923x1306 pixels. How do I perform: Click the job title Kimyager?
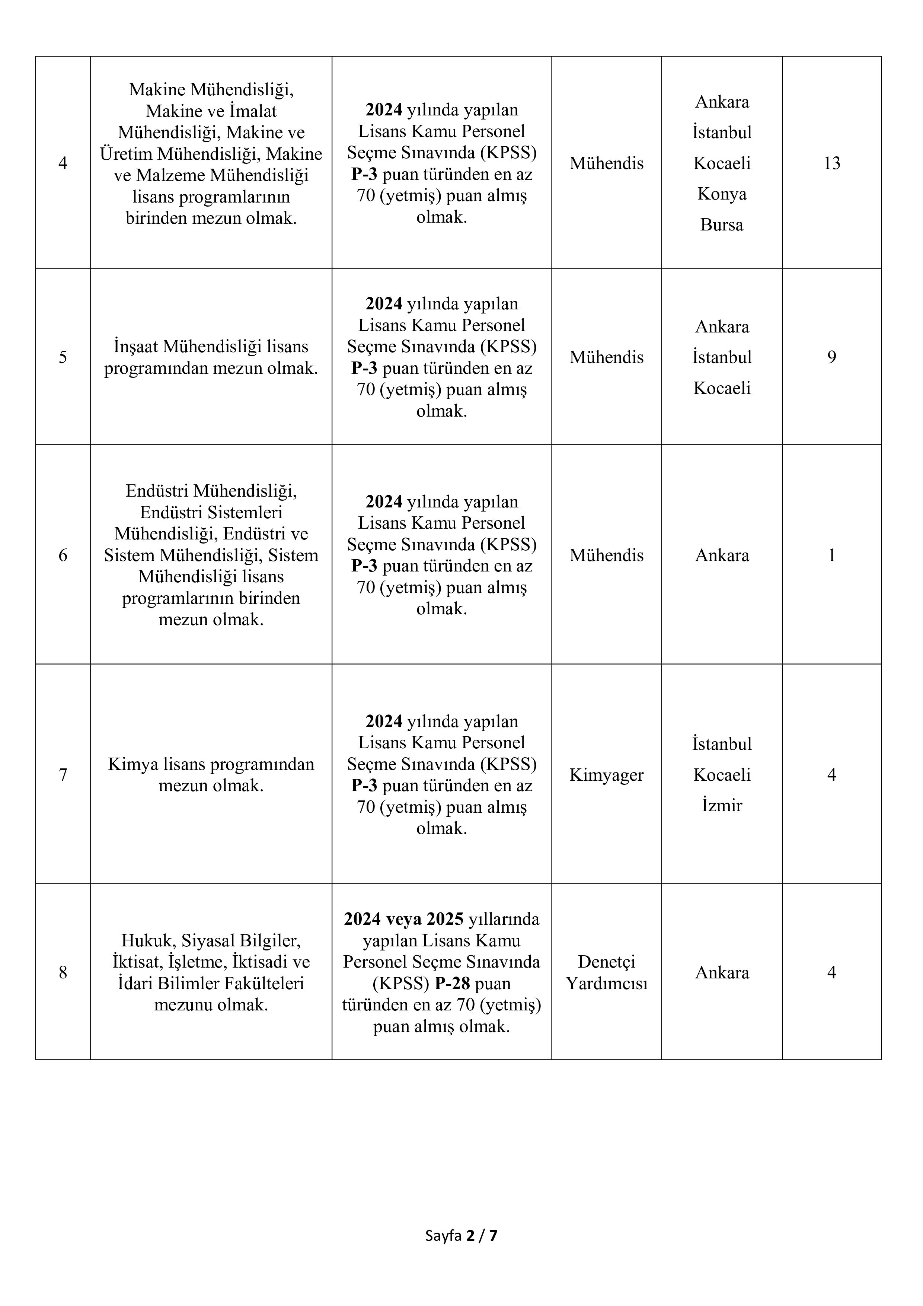(606, 775)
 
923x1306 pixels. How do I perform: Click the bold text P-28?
(452, 984)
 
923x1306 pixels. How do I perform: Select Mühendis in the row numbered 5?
(606, 357)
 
